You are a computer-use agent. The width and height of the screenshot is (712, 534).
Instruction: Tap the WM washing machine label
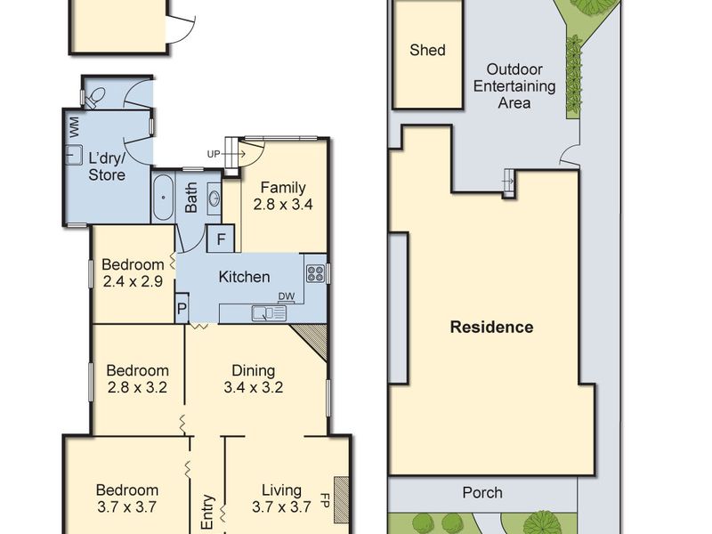coord(74,127)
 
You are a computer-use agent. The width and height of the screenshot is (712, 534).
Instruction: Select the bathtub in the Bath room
coord(163,198)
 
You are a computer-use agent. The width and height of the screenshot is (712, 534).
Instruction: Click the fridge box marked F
coord(221,239)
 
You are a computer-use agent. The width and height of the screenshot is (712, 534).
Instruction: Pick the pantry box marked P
coord(182,309)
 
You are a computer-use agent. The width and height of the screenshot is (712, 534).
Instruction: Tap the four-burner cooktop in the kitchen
coord(316,273)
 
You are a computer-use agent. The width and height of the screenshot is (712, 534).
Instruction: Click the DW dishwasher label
coord(287,296)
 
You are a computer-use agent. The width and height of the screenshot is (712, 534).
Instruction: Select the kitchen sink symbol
coord(269,313)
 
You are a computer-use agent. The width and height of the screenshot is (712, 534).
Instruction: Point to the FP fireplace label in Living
coord(325,500)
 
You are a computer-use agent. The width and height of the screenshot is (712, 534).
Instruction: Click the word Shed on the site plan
coord(427,50)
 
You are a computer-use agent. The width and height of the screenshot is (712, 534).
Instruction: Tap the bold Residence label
coord(492,327)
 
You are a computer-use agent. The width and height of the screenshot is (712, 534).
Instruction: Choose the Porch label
coord(482,493)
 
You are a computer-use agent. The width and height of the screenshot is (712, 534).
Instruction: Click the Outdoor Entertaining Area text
coord(514,85)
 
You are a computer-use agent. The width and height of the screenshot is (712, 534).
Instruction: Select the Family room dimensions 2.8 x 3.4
coord(283,205)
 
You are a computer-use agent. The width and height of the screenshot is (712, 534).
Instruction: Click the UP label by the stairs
coord(214,154)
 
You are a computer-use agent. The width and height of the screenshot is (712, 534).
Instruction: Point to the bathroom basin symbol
coord(214,198)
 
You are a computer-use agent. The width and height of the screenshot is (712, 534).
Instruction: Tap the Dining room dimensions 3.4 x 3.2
coord(254,387)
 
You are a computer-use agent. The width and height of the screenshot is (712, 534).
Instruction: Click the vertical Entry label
coord(207,512)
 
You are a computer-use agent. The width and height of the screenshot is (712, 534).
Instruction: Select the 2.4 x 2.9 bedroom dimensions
coord(133,281)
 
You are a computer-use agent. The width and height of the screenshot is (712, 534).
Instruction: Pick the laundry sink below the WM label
coord(74,155)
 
